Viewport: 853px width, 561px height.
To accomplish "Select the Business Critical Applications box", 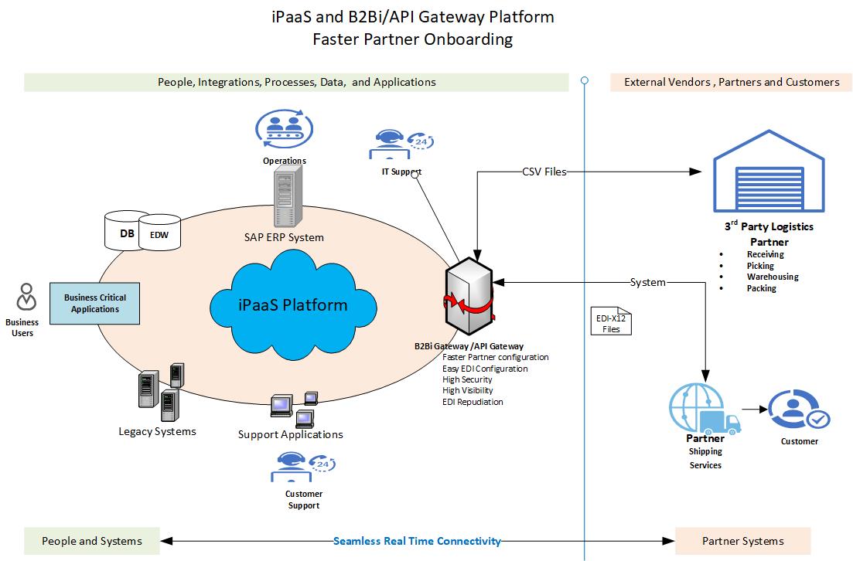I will coord(95,303).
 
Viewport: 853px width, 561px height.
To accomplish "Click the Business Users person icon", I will coord(26,298).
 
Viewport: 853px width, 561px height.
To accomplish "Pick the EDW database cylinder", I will coord(159,234).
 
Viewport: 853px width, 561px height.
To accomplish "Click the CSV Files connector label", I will coord(544,172).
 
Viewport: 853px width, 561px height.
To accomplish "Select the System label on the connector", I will coord(647,282).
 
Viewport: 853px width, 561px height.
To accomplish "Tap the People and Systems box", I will coord(92,541).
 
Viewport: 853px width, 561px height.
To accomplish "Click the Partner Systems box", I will coord(742,541).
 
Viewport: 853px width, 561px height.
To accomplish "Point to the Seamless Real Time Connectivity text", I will coord(417,541).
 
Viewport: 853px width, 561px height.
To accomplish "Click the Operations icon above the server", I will coord(283,128).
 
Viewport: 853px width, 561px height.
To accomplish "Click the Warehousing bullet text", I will coord(772,277).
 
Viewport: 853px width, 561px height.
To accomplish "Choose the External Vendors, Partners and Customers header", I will coord(731,82).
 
